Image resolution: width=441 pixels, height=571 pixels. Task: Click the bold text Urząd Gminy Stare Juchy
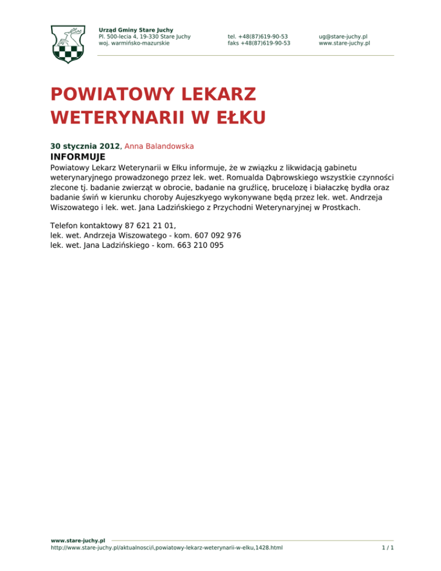pyautogui.click(x=136, y=29)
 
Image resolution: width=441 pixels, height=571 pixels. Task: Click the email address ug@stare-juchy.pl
pyautogui.click(x=343, y=36)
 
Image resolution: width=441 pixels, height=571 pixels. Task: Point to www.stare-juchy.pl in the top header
pyautogui.click(x=344, y=43)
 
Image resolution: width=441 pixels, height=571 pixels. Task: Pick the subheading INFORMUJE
pyautogui.click(x=78, y=157)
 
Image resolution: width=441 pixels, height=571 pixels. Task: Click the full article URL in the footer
pyautogui.click(x=167, y=548)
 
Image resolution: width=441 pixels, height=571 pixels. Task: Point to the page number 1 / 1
pyautogui.click(x=388, y=548)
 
